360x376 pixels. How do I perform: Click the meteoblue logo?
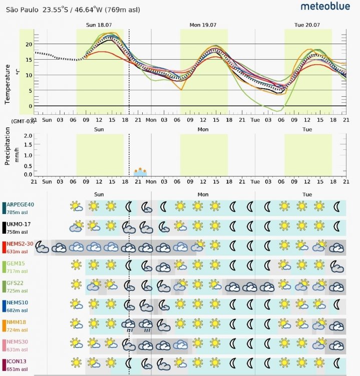[325, 7]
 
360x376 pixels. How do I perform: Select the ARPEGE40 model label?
[21, 204]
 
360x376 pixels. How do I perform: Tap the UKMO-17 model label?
[20, 224]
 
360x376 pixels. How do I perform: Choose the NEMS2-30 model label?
[21, 244]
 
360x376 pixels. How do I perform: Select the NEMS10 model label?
[18, 303]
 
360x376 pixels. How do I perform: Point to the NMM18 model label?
[17, 322]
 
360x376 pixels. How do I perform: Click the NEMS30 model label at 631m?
[18, 342]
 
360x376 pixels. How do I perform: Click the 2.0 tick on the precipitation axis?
[28, 136]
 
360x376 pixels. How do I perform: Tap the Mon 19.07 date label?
[203, 25]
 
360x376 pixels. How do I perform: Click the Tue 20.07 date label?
[307, 25]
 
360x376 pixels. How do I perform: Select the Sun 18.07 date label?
[99, 25]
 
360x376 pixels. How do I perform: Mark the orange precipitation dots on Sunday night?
[141, 171]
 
